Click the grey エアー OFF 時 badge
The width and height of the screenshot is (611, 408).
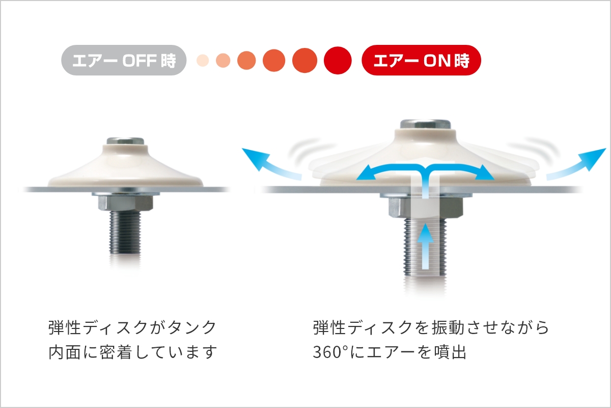pos(124,60)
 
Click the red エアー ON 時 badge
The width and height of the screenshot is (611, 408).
pos(421,60)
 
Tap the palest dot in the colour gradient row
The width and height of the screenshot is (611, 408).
pos(203,60)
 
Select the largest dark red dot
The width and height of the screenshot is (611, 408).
pos(338,60)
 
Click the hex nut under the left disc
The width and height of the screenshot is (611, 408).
pos(125,203)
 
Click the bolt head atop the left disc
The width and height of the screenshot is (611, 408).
pos(125,141)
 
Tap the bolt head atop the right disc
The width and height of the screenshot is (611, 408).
pos(425,124)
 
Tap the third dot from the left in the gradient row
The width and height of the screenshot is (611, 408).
pos(246,60)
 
